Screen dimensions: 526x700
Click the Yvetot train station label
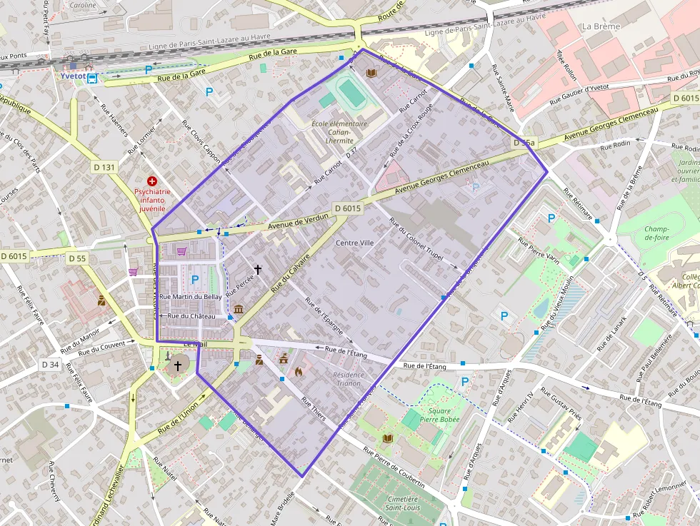(72, 76)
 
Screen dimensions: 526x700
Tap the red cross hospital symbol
(151, 182)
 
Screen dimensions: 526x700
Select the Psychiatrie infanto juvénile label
(151, 200)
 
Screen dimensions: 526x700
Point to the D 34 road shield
(50, 365)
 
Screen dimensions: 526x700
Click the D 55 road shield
(76, 258)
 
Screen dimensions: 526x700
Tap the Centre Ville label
(354, 243)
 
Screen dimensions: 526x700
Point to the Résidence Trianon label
(348, 378)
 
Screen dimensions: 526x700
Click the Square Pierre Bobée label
(439, 415)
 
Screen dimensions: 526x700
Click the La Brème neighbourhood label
(601, 26)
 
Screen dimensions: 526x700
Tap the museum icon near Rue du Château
(238, 309)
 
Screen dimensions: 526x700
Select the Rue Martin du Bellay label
(190, 296)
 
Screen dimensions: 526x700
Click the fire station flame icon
(299, 371)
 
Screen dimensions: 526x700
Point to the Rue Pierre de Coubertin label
(394, 468)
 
